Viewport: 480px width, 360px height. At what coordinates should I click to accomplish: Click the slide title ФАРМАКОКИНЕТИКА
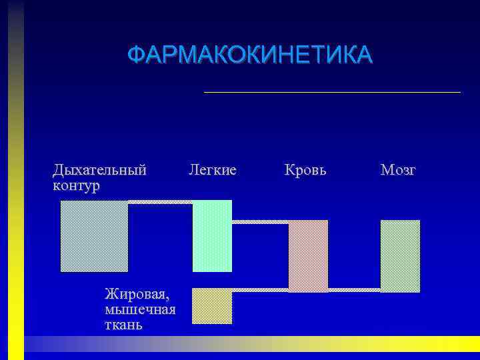[x=250, y=55]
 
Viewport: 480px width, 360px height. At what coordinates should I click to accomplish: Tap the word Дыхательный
[x=99, y=170]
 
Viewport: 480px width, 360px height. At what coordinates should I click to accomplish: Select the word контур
[x=76, y=185]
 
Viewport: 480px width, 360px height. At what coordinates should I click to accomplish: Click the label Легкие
[x=213, y=170]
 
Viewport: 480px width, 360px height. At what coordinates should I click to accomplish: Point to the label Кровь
[x=305, y=170]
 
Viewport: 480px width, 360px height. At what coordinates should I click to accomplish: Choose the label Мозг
[x=398, y=170]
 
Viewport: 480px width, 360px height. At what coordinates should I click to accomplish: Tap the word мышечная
[x=140, y=309]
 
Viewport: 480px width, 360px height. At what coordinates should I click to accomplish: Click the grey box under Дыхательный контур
[x=94, y=236]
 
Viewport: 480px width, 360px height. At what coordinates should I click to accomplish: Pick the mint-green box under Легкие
[x=212, y=236]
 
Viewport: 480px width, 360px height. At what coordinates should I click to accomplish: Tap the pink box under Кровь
[x=308, y=255]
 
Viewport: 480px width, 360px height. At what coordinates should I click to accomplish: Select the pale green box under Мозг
[x=400, y=255]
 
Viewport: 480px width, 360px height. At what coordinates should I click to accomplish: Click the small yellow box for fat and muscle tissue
[x=212, y=306]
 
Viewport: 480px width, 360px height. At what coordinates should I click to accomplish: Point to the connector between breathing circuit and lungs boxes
[x=160, y=201]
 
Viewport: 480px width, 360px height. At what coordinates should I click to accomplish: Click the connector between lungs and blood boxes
[x=260, y=221]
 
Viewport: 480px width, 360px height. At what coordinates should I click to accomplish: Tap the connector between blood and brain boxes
[x=354, y=290]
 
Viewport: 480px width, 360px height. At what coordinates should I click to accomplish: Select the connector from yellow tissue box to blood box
[x=260, y=290]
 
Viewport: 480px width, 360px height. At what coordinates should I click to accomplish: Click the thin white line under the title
[x=332, y=92]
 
